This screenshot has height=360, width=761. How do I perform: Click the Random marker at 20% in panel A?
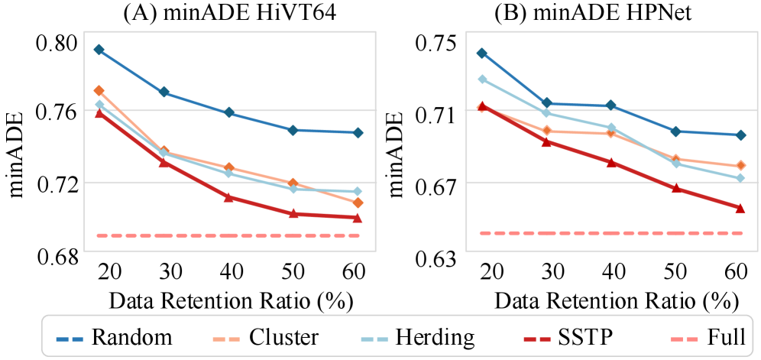tap(99, 50)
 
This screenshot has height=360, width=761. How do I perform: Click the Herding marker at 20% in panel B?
tap(481, 79)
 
